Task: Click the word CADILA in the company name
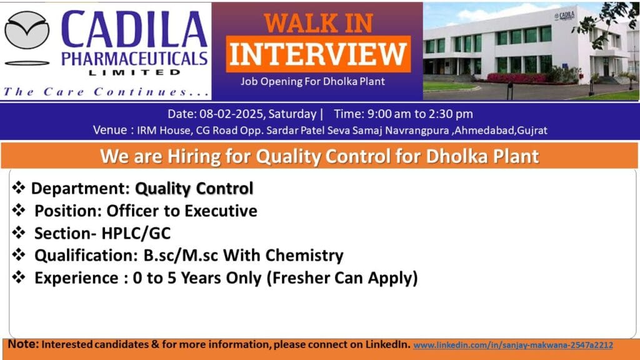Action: coord(134,31)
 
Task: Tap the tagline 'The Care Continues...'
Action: coord(106,92)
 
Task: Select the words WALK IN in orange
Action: coord(318,22)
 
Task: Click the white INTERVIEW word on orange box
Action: coord(319,54)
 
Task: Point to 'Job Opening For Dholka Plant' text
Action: coord(312,82)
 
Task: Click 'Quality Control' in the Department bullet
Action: coord(194,188)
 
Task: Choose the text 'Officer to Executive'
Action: coord(181,211)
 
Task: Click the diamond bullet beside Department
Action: coord(18,188)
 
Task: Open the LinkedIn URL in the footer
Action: coord(513,345)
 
